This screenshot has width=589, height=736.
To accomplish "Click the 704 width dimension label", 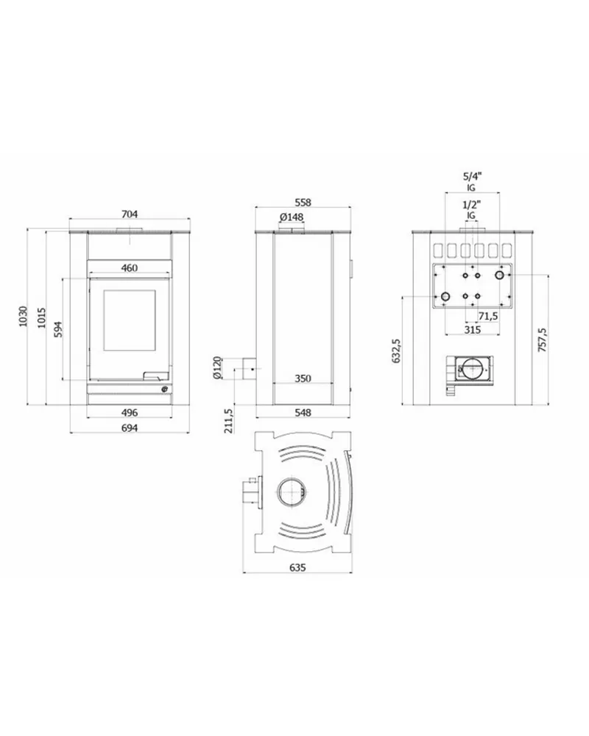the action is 130,214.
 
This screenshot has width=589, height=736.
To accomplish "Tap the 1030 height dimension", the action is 23,316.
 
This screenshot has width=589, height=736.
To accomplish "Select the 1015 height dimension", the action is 42,318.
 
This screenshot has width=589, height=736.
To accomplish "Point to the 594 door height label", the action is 58,329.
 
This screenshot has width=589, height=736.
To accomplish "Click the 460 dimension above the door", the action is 130,267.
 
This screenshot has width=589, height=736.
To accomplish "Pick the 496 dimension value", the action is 130,413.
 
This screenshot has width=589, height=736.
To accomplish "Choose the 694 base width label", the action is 130,428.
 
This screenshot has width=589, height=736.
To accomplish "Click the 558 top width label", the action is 303,203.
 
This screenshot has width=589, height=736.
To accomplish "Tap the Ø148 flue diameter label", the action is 292,217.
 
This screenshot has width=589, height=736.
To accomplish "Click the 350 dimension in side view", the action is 303,378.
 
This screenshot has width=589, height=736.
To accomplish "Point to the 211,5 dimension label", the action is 229,421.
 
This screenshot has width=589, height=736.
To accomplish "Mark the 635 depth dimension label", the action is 297,567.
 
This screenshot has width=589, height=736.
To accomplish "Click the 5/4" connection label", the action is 472,177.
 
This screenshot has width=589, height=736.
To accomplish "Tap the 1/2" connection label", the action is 472,205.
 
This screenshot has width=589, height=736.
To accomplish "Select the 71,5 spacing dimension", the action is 488,316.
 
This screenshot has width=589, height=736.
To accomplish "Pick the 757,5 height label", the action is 542,340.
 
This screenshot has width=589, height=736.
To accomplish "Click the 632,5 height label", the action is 396,351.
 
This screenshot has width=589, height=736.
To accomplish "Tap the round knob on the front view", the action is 165,389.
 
